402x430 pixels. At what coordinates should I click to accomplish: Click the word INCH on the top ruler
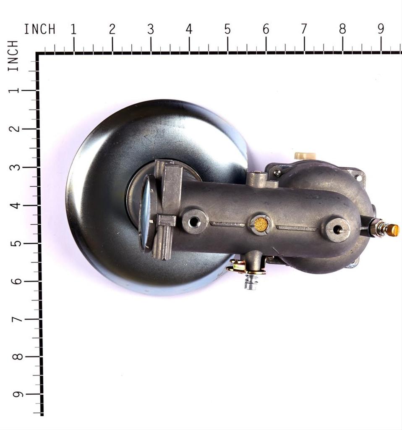(x=40, y=29)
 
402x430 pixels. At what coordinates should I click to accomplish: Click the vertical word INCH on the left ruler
(x=13, y=56)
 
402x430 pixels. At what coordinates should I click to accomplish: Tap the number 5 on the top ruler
(x=227, y=29)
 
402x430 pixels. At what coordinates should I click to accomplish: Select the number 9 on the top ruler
(x=381, y=29)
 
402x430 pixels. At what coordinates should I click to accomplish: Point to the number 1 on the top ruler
(x=73, y=29)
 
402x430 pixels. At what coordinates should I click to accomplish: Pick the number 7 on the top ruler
(x=304, y=29)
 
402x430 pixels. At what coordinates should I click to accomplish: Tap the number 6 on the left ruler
(x=16, y=281)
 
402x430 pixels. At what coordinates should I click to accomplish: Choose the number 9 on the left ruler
(x=18, y=394)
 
